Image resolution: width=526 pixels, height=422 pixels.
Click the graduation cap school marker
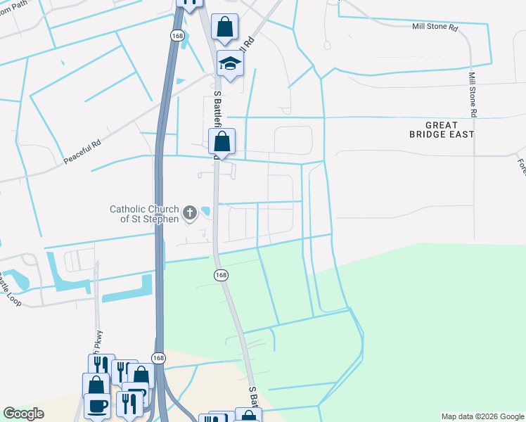[x=229, y=64]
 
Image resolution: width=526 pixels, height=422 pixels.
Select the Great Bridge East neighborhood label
[x=442, y=129]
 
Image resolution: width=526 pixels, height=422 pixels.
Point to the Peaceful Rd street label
[x=83, y=151]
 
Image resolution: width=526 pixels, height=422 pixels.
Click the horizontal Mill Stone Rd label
[x=435, y=28]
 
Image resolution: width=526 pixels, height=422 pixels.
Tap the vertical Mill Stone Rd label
[x=473, y=94]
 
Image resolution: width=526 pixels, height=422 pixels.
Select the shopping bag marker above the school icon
[x=225, y=27]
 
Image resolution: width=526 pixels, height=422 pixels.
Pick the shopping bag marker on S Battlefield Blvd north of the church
[x=222, y=142]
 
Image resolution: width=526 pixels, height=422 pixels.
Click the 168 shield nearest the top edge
[x=176, y=34]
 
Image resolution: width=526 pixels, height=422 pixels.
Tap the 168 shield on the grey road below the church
[x=221, y=274]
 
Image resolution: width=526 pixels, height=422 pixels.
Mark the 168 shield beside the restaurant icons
[x=159, y=358]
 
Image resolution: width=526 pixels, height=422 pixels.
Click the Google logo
[x=23, y=414]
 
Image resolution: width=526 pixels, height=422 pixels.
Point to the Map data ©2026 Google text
[x=482, y=416]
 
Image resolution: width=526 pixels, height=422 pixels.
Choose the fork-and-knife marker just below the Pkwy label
[x=101, y=366]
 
